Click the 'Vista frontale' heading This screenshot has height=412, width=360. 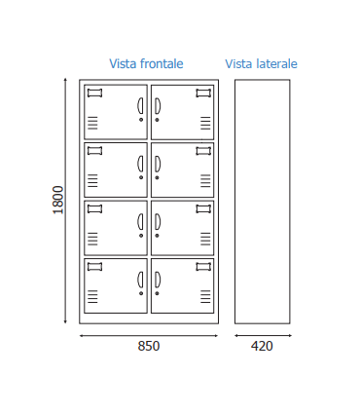tap(146, 64)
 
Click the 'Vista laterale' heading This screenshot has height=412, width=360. tap(261, 64)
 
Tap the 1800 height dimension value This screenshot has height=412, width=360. tap(58, 200)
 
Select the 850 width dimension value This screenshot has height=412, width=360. tap(148, 346)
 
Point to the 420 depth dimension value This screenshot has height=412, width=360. tap(262, 346)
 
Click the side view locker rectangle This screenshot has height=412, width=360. tap(262, 201)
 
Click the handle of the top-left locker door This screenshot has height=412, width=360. tap(141, 105)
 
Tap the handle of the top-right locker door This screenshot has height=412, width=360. tap(156, 105)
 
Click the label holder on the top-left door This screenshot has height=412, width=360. tap(94, 94)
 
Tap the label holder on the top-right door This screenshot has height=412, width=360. tap(203, 94)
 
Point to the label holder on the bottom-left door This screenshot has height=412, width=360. tap(94, 267)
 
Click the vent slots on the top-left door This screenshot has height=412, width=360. tap(92, 123)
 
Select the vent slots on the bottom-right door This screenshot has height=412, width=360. tap(205, 296)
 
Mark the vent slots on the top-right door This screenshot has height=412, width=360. tap(205, 123)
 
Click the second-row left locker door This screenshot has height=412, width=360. tap(115, 170)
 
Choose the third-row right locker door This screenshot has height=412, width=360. tap(182, 228)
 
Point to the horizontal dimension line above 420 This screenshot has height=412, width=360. tap(262, 335)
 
